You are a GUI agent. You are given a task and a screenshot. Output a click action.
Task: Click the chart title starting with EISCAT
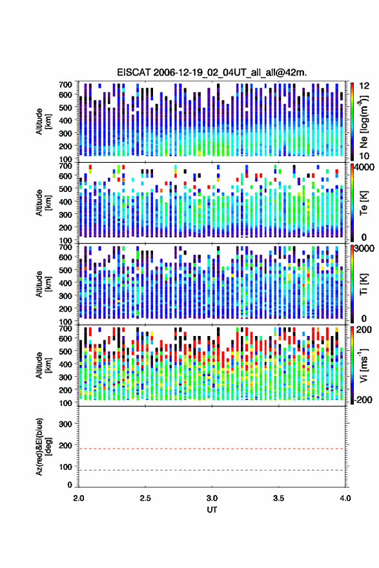(212, 72)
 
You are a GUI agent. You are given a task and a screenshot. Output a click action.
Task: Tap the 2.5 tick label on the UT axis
(145, 498)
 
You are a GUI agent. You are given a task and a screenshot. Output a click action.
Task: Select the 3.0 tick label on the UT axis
(212, 498)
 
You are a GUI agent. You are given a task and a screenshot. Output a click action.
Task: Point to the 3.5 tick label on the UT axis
(278, 498)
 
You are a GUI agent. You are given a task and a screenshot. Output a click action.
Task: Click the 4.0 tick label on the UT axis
(345, 498)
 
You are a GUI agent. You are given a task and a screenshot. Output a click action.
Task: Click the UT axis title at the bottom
(212, 510)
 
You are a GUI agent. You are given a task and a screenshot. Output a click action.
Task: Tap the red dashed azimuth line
(212, 449)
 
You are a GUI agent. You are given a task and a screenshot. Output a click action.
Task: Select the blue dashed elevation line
(212, 470)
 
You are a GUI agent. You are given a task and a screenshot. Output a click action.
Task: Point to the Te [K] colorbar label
(364, 203)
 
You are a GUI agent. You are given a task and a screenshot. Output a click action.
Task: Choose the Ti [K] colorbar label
(364, 284)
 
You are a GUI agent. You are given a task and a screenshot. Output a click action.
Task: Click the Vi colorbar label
(364, 365)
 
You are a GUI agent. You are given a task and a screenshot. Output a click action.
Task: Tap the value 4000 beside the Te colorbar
(364, 167)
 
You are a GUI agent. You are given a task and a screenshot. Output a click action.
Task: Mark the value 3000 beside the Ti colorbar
(364, 249)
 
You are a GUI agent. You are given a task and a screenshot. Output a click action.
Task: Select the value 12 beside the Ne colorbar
(364, 86)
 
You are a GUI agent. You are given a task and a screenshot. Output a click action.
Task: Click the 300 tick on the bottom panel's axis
(65, 424)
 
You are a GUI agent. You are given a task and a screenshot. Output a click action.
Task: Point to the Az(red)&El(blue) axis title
(43, 447)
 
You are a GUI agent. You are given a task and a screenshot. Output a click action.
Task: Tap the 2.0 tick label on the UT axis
(79, 498)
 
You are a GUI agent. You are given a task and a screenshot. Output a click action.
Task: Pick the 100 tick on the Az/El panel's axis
(65, 467)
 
